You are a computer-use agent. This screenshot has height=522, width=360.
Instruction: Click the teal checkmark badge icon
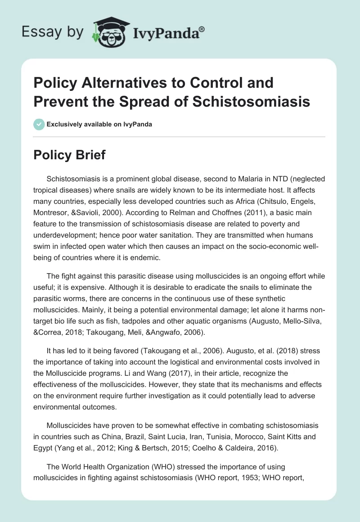[x=39, y=124]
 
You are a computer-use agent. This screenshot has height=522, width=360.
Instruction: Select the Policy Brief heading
[x=70, y=155]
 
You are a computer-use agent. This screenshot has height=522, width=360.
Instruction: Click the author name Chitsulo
[x=248, y=200]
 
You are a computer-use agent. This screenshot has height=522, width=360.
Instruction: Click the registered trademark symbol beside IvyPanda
[x=202, y=29]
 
